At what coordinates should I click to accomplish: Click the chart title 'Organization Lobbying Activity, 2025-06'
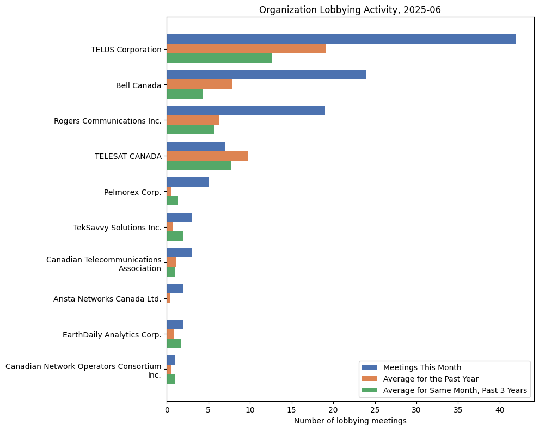[x=350, y=10]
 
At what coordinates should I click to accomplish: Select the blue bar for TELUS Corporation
[x=341, y=39]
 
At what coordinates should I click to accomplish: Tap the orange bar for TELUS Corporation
[x=246, y=49]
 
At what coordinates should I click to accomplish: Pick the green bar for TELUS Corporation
[x=219, y=58]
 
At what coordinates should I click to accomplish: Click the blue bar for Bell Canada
[x=266, y=75]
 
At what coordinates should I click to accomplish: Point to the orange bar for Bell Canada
[x=199, y=84]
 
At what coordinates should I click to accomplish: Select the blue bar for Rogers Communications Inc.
[x=246, y=110]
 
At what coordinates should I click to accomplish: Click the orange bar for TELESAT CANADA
[x=207, y=156]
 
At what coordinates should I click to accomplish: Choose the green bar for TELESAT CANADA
[x=199, y=165]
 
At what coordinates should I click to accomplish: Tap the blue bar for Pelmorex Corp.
[x=187, y=182]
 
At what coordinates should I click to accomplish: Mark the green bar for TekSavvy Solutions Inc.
[x=175, y=236]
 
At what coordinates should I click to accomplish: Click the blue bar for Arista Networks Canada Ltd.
[x=175, y=288]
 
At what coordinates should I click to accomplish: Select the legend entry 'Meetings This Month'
[x=422, y=367]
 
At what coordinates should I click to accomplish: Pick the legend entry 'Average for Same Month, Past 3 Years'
[x=455, y=390]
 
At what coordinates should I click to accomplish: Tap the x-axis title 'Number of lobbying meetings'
[x=350, y=421]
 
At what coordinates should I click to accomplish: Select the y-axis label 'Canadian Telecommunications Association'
[x=103, y=264]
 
